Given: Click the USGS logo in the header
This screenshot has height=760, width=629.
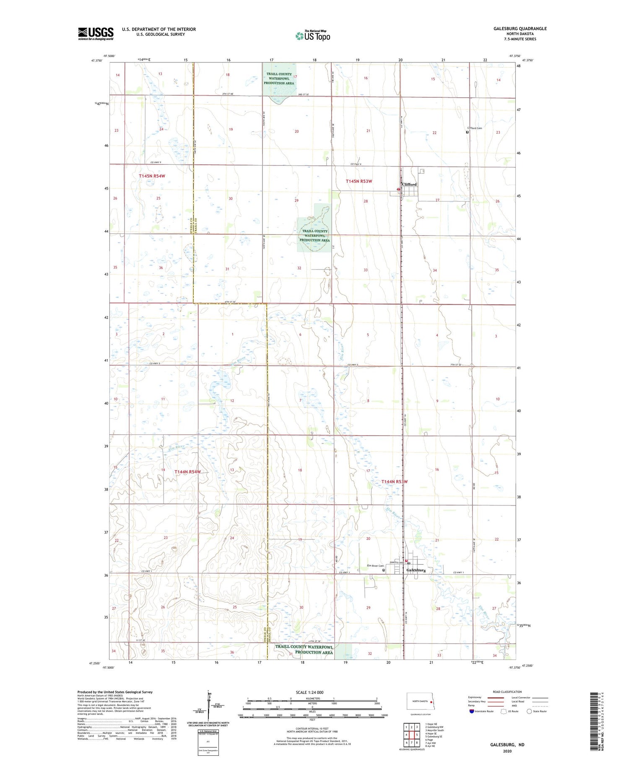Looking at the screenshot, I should (x=96, y=34).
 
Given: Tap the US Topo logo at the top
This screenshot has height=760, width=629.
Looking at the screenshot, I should (x=313, y=36).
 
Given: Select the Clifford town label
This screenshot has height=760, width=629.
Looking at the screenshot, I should (x=409, y=184).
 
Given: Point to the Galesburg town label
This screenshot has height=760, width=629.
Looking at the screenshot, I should (x=416, y=570).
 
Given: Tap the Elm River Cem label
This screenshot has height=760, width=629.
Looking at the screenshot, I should (x=373, y=566).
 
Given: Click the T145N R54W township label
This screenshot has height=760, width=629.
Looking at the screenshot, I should (x=152, y=176).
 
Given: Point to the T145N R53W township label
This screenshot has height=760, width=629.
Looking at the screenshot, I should (x=359, y=181).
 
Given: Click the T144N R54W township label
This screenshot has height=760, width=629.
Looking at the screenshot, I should (x=187, y=472).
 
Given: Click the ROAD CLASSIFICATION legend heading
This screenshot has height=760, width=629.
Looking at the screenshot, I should (x=507, y=692).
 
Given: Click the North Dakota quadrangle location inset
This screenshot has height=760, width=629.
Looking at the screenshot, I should (x=421, y=702).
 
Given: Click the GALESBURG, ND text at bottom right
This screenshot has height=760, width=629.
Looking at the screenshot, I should (x=507, y=744).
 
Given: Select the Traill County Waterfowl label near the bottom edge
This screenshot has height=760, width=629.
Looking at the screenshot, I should (x=304, y=649).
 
